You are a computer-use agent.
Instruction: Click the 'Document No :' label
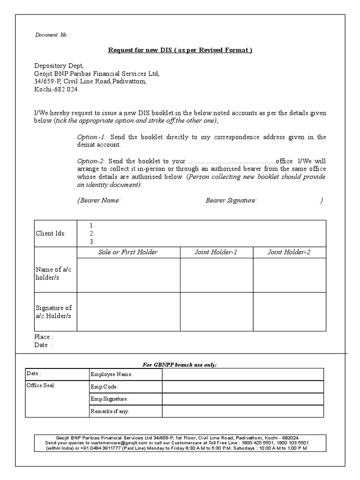click(52, 35)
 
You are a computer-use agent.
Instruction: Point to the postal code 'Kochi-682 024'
click(56, 89)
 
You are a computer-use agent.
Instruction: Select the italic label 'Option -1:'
click(92, 137)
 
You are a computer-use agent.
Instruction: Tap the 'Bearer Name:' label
click(98, 200)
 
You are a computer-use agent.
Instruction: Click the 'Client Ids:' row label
click(51, 233)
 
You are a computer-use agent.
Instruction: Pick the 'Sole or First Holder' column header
click(128, 252)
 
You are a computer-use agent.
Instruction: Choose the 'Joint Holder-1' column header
click(216, 252)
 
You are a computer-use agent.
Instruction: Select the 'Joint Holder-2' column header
click(289, 252)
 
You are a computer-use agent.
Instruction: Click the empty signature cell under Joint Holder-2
click(290, 312)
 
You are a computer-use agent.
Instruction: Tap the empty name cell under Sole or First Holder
click(128, 275)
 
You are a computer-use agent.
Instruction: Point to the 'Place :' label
click(44, 337)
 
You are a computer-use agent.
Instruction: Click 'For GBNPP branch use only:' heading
click(180, 364)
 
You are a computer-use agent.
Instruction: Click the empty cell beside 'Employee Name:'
click(242, 374)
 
